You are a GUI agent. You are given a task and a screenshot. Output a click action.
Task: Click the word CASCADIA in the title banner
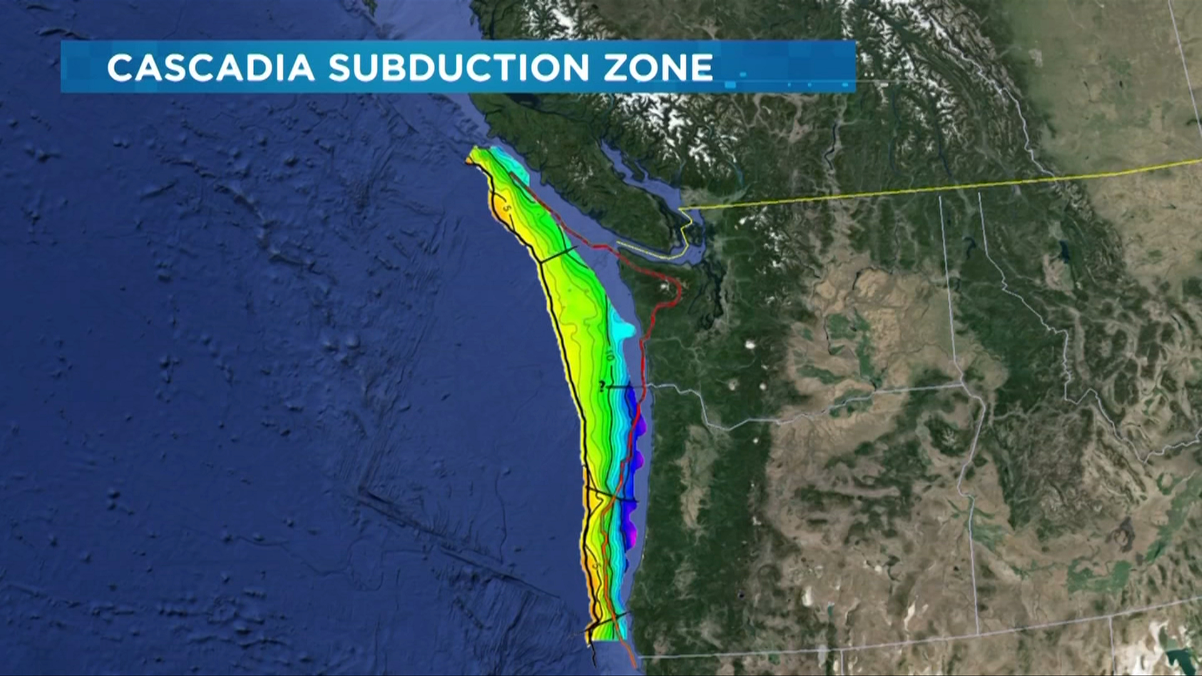(210, 68)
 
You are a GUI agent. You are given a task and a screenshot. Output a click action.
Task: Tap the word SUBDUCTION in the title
(458, 68)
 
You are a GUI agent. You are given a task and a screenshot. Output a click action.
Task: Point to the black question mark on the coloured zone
(602, 386)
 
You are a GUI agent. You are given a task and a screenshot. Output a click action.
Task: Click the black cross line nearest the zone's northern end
(558, 255)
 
